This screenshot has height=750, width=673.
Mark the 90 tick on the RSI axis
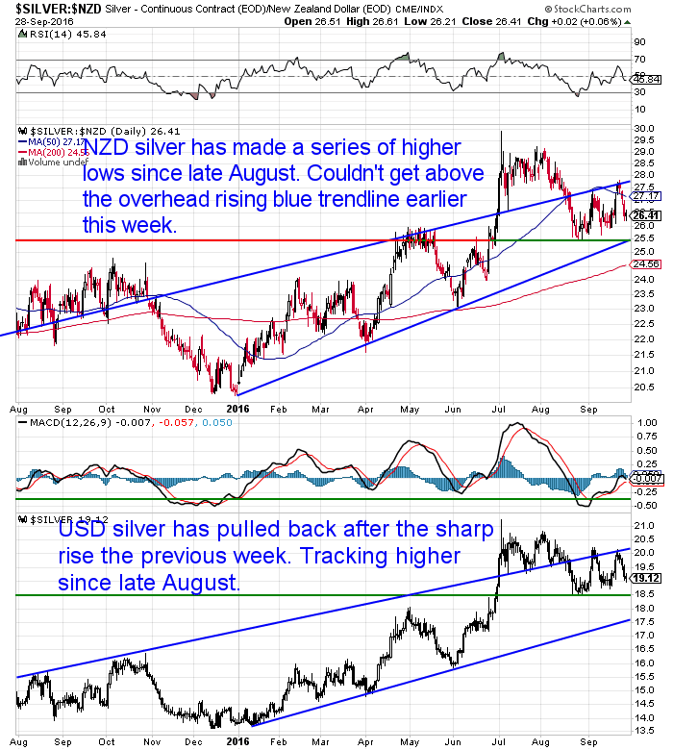[x=637, y=42]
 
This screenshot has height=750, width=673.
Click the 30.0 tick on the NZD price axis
[x=641, y=127]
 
